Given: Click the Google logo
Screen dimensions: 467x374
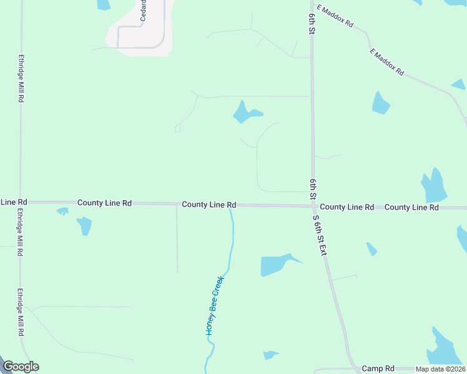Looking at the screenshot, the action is [x=21, y=367].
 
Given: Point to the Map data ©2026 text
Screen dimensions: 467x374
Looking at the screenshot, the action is [x=440, y=369].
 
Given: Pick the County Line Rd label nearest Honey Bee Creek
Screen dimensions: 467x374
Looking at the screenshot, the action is [x=209, y=204].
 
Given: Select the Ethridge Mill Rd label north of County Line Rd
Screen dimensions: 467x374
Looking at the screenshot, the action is [x=21, y=79].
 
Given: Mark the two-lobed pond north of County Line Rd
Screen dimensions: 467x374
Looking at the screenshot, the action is [x=245, y=112].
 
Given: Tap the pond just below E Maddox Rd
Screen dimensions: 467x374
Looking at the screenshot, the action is [x=380, y=103].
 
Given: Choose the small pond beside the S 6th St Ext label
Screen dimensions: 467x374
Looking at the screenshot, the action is [x=371, y=249].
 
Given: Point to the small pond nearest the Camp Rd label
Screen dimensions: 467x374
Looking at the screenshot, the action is [x=270, y=355].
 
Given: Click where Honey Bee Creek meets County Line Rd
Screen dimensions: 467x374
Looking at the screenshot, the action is [x=232, y=205].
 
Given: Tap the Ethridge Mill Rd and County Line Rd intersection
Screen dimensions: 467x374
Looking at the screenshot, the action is [x=21, y=202].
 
